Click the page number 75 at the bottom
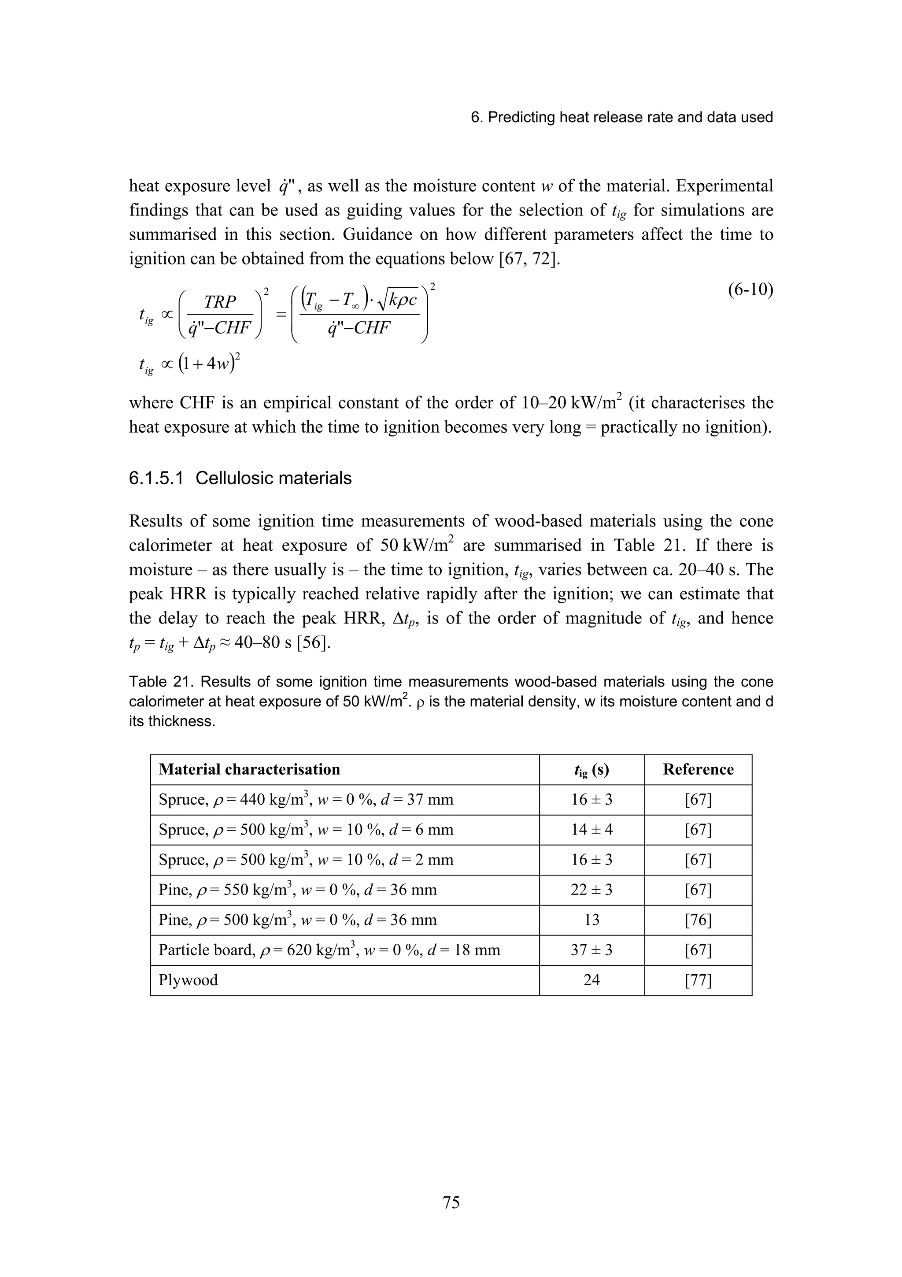(x=451, y=1203)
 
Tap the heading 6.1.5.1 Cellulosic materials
(x=240, y=478)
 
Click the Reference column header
(x=698, y=770)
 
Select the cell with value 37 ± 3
(x=591, y=950)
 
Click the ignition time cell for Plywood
(x=591, y=980)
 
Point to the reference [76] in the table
(x=698, y=920)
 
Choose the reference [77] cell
(x=698, y=980)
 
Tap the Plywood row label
(x=188, y=980)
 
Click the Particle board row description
(x=329, y=950)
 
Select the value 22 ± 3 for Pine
(x=591, y=890)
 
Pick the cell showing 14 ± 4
(x=591, y=830)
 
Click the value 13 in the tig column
(x=591, y=920)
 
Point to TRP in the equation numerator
(x=220, y=302)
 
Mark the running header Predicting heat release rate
(x=621, y=117)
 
